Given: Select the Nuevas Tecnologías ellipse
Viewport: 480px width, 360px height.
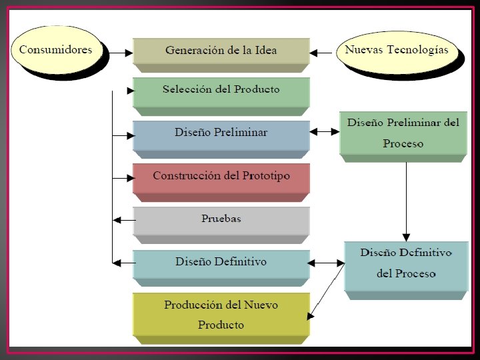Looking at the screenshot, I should point(397,51).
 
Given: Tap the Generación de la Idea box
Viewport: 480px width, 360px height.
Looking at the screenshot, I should point(221,51).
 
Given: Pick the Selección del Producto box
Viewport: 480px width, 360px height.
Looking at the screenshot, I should point(221,90).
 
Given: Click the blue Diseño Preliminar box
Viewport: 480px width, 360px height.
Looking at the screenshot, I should point(221,133).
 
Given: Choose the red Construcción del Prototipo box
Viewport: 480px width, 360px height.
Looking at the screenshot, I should point(221,177).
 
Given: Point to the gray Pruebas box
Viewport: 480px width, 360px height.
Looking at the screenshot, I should point(221,219).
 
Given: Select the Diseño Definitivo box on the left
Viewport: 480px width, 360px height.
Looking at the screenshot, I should point(221,262).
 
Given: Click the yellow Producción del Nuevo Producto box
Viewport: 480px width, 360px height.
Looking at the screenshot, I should point(221,314).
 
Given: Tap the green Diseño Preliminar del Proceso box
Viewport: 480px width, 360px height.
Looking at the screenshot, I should point(403,133).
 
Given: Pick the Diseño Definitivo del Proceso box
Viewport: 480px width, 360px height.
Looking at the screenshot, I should point(407,263).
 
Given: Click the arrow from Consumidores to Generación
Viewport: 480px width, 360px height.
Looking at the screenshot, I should point(120,51).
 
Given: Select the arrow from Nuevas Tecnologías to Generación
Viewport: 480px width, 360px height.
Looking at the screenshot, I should point(323,51).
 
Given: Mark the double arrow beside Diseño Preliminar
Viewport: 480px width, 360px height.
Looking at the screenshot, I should point(324,132).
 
